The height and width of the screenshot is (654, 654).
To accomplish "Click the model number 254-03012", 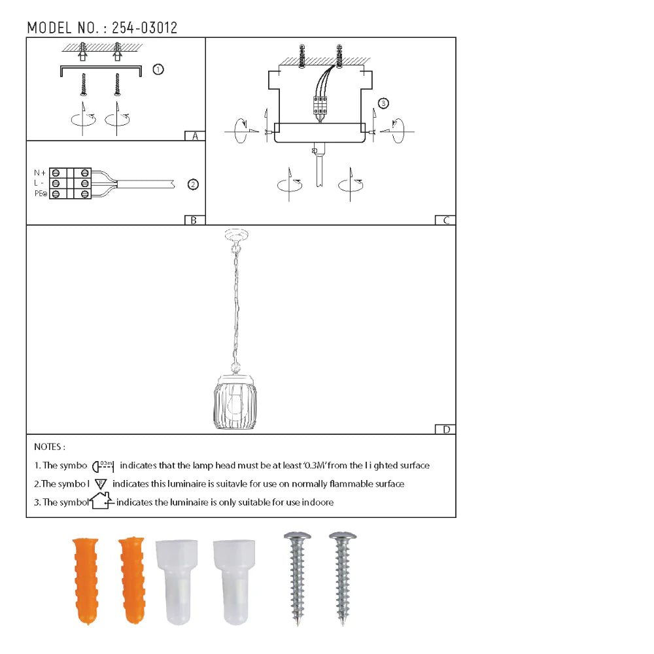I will (145, 27).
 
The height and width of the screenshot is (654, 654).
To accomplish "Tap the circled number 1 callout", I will (158, 69).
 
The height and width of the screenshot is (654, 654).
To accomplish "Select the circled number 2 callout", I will (193, 184).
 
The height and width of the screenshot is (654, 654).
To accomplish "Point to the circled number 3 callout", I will (383, 103).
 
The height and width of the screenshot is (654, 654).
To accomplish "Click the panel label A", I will (194, 136).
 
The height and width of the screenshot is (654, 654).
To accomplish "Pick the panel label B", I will (194, 220).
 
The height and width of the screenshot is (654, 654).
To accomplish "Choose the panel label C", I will (445, 220).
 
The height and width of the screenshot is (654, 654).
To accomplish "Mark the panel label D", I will (445, 430).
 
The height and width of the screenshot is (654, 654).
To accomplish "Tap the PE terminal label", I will (40, 194).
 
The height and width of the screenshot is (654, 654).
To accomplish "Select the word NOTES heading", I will (49, 447).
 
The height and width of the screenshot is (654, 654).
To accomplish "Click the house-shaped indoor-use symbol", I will (100, 502).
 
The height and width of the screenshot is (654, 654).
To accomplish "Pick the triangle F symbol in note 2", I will (100, 484).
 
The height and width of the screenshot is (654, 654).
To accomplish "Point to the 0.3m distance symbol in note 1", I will (104, 466).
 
